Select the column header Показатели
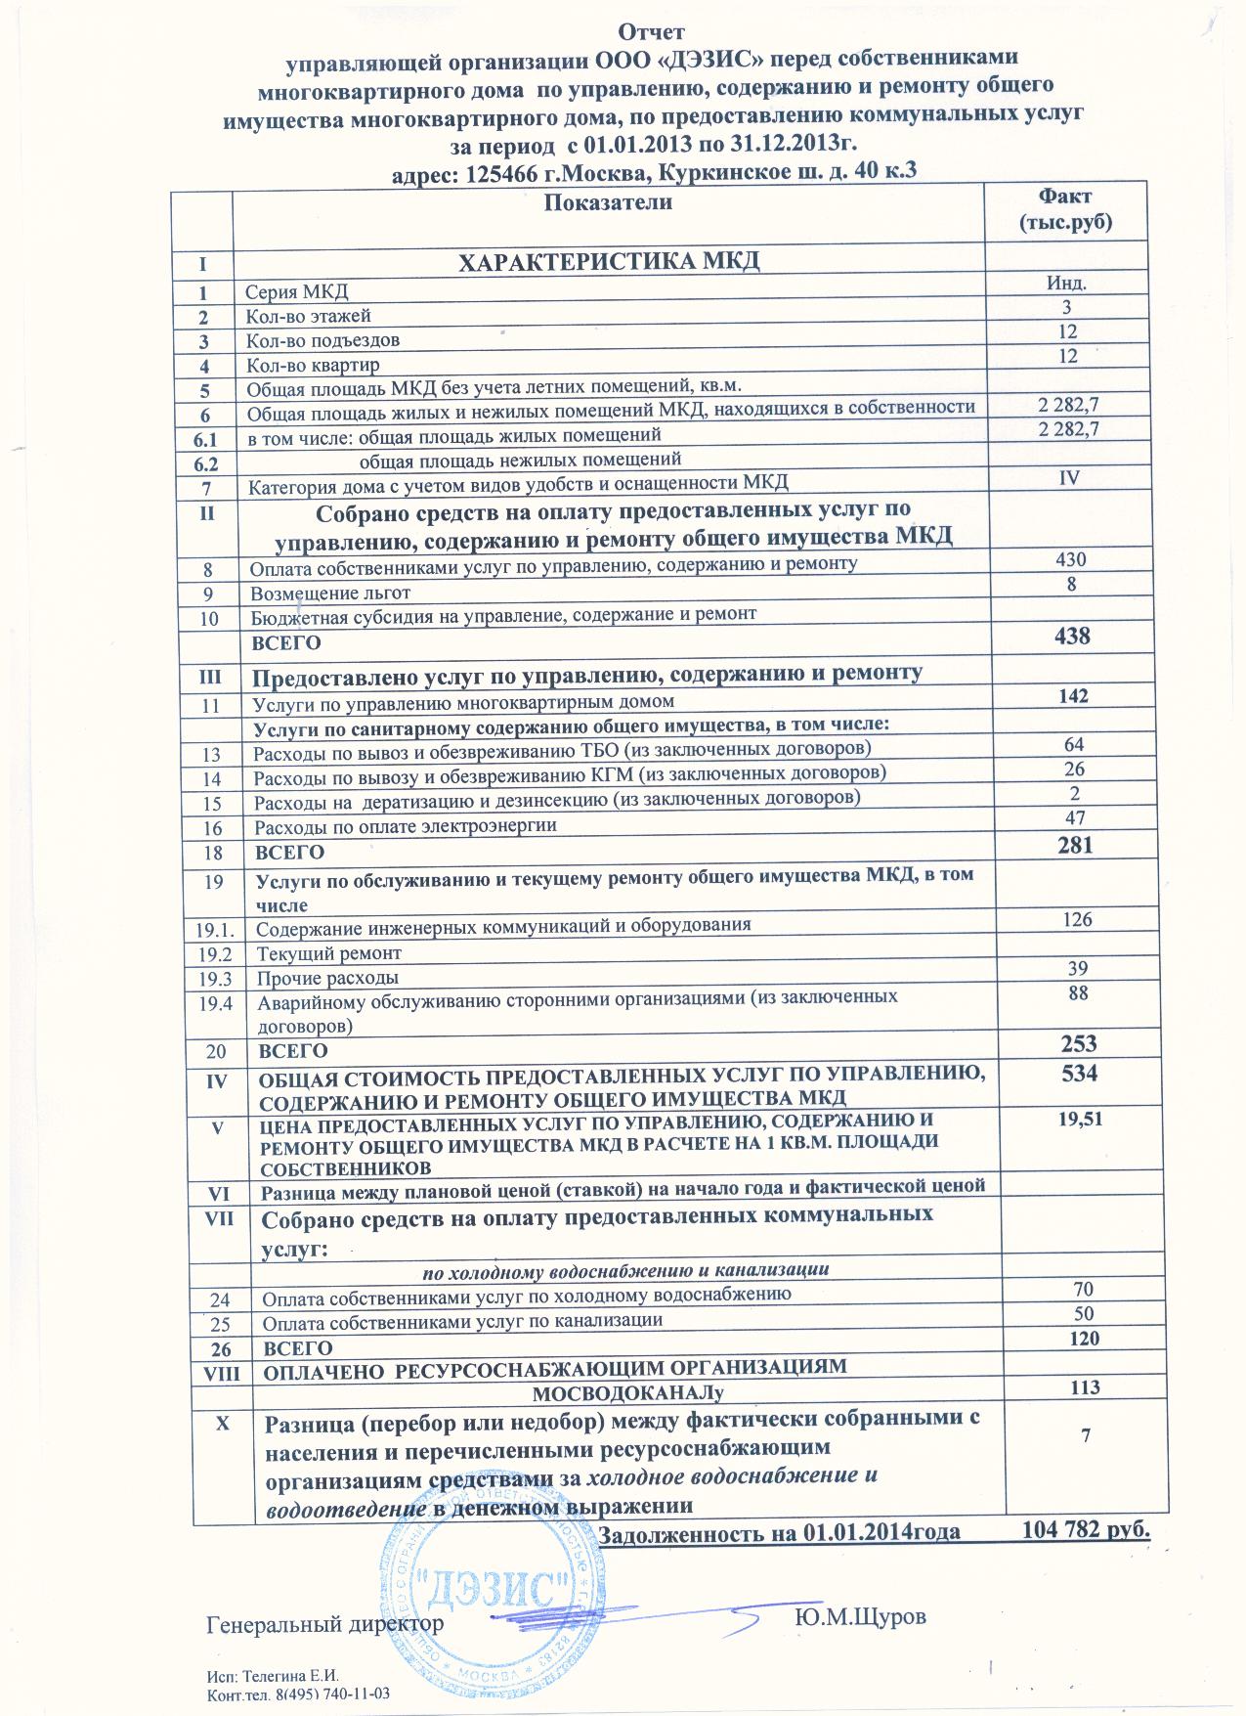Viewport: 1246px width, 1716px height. click(608, 202)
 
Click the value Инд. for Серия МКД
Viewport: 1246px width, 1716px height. click(1067, 285)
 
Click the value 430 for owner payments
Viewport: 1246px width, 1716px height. click(1071, 559)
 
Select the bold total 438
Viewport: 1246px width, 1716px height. click(1071, 636)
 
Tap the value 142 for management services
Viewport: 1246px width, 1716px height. click(1071, 696)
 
